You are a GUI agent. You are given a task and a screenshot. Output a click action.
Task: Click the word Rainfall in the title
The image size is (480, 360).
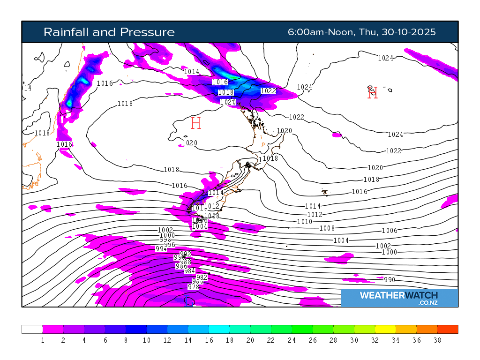click(x=66, y=32)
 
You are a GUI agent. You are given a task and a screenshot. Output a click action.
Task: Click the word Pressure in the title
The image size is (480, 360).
click(x=147, y=32)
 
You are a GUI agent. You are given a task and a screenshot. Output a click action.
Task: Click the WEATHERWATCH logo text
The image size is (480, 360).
click(x=398, y=295)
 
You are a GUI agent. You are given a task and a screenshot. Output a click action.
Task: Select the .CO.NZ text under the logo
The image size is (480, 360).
click(x=427, y=303)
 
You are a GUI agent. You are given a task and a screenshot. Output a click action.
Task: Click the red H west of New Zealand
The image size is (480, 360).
click(x=196, y=123)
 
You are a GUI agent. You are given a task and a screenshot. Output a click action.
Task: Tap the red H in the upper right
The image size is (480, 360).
click(x=372, y=92)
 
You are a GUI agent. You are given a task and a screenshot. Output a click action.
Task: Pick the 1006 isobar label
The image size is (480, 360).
click(x=390, y=230)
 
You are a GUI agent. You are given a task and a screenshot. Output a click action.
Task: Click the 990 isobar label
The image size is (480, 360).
click(x=390, y=280)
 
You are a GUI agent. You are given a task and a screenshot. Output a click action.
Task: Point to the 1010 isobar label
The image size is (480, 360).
click(x=305, y=222)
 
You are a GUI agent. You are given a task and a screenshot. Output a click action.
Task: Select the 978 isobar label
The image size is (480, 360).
click(x=194, y=287)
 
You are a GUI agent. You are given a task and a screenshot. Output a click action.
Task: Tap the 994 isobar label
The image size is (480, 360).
click(x=161, y=249)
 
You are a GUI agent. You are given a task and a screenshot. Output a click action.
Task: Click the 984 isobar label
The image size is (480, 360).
click(x=189, y=271)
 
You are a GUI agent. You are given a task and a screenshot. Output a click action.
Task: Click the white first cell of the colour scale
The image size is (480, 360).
click(x=32, y=329)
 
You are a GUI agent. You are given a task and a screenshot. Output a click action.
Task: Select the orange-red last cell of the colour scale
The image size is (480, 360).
click(x=448, y=329)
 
